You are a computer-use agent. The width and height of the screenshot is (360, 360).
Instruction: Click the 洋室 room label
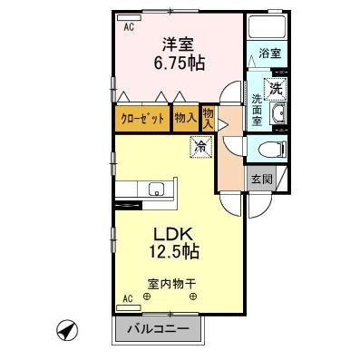178,44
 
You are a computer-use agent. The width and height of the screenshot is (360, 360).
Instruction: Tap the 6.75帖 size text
178,63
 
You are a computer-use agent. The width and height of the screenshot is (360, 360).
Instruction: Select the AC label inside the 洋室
129,26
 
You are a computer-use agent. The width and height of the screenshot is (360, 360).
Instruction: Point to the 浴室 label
268,54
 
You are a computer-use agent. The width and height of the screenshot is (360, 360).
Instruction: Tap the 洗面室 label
257,110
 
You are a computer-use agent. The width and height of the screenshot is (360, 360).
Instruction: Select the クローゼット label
142,118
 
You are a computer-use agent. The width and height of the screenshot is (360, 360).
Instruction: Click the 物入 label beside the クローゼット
184,118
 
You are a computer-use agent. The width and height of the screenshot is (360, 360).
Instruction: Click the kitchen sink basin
157,189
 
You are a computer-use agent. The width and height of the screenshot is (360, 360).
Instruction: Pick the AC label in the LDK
127,298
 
